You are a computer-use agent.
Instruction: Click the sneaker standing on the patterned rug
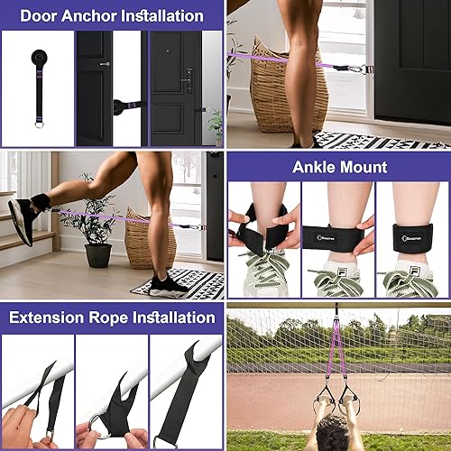click(167, 284)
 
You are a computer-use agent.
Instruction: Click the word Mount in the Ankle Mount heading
click(365, 166)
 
